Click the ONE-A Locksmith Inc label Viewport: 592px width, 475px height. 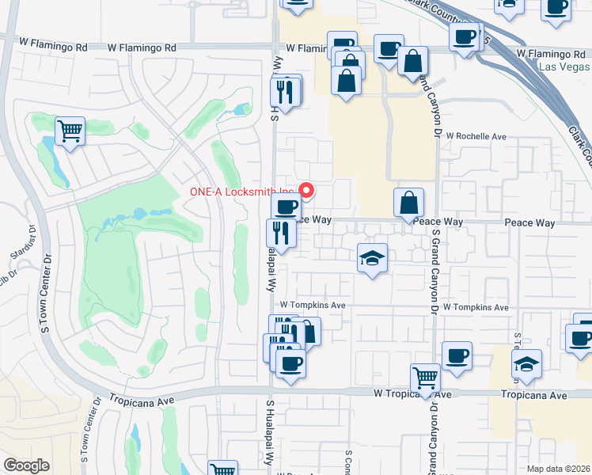[241, 192]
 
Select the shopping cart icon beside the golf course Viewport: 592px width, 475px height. [70, 131]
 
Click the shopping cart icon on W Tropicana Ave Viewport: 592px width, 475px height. [426, 378]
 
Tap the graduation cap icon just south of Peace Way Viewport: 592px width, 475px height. [372, 258]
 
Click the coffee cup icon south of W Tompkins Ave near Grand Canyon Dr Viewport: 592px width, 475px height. [457, 355]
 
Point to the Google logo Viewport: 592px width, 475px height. [26, 465]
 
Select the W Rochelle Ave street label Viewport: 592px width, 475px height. [477, 136]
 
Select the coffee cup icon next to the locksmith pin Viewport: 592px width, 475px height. [286, 207]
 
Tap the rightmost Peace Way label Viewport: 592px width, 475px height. [530, 223]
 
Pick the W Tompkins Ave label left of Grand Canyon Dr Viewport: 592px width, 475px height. [313, 305]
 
